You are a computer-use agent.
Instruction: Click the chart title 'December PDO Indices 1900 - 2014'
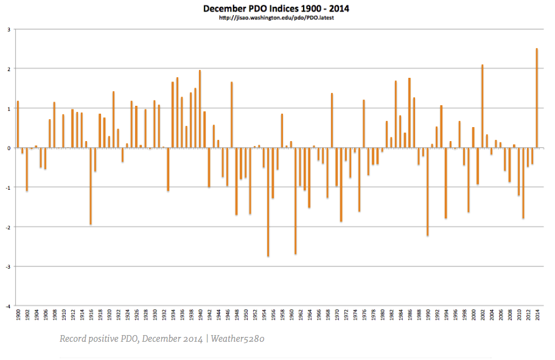click(x=277, y=9)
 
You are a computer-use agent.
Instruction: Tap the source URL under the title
click(x=277, y=18)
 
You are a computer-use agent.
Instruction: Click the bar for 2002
click(x=482, y=106)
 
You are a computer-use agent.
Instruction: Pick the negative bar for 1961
click(x=295, y=201)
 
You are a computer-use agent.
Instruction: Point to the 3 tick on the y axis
click(x=8, y=29)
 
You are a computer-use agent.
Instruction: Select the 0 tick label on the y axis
click(x=8, y=148)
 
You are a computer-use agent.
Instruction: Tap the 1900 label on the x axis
click(x=18, y=316)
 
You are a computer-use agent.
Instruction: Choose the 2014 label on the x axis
click(x=537, y=316)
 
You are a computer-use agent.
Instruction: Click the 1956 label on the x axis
click(x=273, y=316)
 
